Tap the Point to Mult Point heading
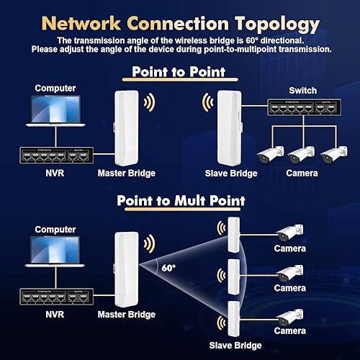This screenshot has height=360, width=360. [180, 201]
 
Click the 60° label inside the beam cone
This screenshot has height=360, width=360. [168, 268]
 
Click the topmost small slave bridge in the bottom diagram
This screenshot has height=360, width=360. [232, 233]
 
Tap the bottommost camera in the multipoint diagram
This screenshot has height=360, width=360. [291, 316]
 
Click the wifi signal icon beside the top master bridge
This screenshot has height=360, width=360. [148, 103]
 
